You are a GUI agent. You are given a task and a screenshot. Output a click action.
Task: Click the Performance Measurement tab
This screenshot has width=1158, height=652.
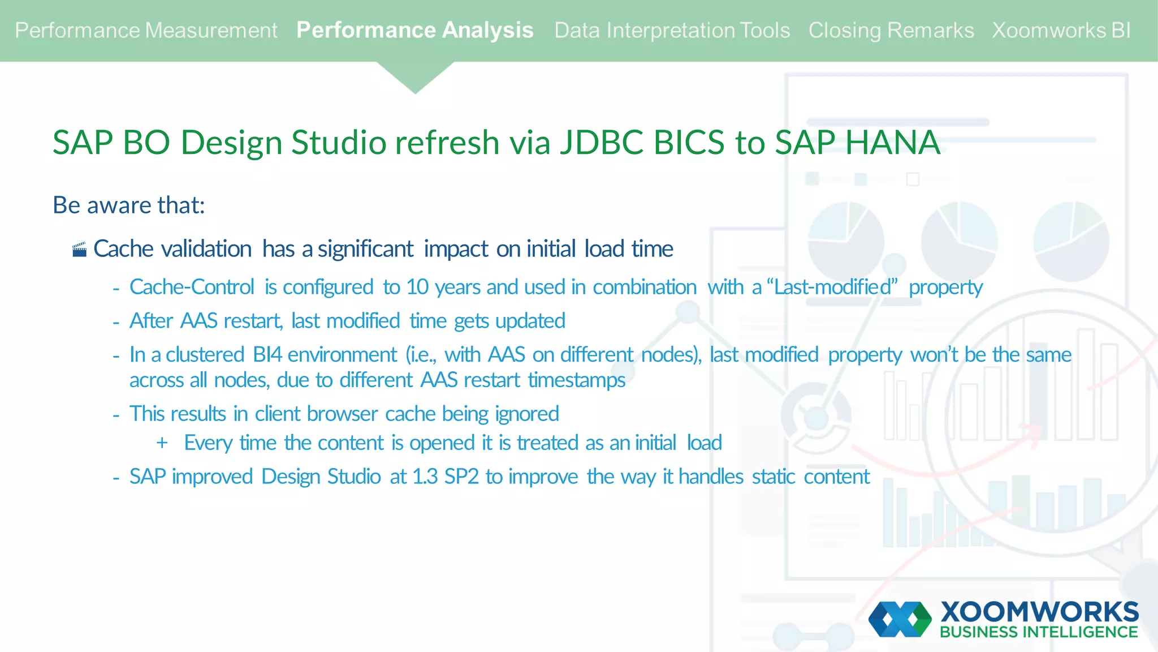click(x=146, y=31)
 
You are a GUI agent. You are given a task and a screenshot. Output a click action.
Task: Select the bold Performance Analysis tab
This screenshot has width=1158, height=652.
click(x=414, y=31)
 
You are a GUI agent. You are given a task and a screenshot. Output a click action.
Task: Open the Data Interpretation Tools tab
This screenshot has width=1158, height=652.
click(x=672, y=31)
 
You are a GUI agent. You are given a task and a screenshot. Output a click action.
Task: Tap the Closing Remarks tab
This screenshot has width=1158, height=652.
click(x=891, y=31)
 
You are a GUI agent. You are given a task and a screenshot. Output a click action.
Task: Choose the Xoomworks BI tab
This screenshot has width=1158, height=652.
click(x=1061, y=31)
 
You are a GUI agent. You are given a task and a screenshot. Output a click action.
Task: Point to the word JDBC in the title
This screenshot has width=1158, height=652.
click(x=602, y=142)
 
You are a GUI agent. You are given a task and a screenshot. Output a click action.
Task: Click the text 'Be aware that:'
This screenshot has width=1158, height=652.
click(x=128, y=205)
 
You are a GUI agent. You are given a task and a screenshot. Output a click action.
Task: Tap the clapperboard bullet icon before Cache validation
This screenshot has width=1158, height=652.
click(x=80, y=250)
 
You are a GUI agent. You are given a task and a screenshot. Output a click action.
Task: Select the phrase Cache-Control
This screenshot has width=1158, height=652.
click(x=192, y=287)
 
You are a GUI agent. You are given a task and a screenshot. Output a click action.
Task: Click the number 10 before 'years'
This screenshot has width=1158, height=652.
click(x=417, y=287)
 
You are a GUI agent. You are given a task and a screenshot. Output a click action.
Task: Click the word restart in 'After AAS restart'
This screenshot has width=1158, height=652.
click(x=253, y=321)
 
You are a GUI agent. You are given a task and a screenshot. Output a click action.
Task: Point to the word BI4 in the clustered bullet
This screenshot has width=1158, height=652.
click(x=267, y=355)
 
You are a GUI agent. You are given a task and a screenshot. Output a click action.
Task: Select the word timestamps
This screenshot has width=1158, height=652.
click(x=576, y=380)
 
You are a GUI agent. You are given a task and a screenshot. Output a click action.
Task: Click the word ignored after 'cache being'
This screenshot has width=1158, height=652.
click(x=527, y=414)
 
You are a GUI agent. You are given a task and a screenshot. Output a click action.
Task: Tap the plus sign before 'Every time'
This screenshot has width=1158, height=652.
click(x=162, y=443)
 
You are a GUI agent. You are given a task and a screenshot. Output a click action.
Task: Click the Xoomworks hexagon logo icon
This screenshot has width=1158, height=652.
click(x=900, y=619)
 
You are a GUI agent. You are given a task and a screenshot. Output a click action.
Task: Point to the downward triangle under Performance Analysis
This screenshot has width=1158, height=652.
click(x=415, y=76)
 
